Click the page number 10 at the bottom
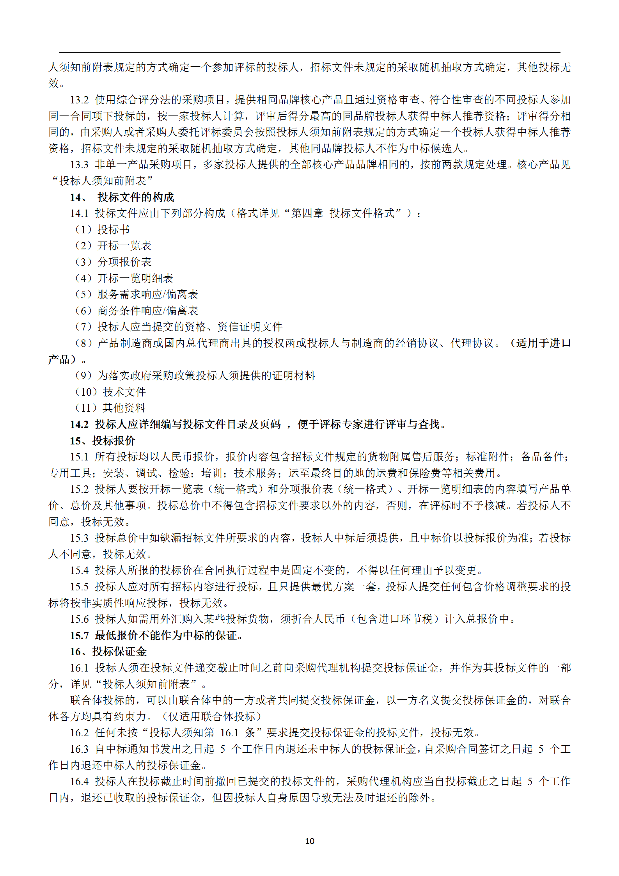point(309,841)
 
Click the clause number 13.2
point(80,100)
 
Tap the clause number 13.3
point(80,165)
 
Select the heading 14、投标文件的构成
point(122,197)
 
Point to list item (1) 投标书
point(102,230)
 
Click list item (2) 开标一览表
point(113,246)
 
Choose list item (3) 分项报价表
point(113,262)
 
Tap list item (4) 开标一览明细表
point(124,279)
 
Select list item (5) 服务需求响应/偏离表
point(136,295)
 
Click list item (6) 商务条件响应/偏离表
point(136,311)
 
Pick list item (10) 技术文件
point(110,392)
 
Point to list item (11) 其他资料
point(110,408)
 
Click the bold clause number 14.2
point(80,425)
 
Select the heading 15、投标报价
point(103,441)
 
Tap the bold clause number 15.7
point(80,636)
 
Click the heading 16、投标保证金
point(108,652)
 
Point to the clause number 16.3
point(80,749)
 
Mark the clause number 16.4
point(80,782)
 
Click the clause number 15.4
point(80,570)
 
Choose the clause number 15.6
point(80,619)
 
